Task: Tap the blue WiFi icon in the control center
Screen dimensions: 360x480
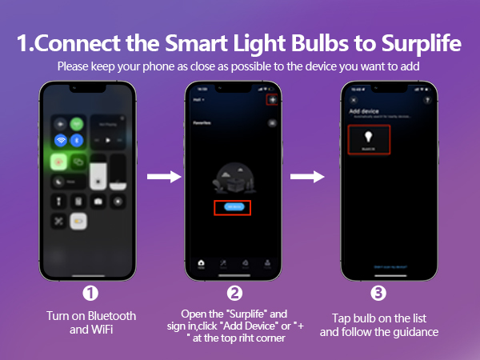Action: point(60,140)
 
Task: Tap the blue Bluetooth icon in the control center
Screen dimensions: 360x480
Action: point(77,140)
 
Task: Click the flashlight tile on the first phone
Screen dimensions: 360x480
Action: point(60,202)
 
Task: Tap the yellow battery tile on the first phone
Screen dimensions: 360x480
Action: point(78,221)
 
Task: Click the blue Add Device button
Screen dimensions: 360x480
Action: point(233,206)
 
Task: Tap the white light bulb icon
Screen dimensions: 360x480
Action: point(369,137)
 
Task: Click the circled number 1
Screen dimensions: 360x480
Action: point(90,292)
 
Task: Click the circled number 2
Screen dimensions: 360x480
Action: point(234,292)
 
